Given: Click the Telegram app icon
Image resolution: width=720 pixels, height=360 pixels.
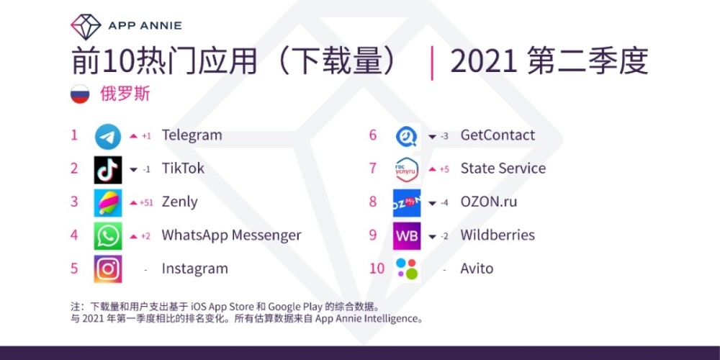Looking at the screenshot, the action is pyautogui.click(x=108, y=136).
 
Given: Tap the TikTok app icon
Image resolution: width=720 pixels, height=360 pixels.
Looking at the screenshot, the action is pyautogui.click(x=108, y=169).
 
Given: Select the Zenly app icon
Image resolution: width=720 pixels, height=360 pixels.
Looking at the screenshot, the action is pyautogui.click(x=108, y=202).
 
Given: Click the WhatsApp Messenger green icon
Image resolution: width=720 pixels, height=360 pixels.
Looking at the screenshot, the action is pyautogui.click(x=108, y=235).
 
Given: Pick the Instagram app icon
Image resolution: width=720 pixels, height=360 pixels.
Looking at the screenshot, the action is pyautogui.click(x=108, y=269).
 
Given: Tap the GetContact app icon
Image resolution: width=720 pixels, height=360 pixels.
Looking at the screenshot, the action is pyautogui.click(x=407, y=136).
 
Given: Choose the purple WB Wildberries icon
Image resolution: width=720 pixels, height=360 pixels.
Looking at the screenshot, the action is pyautogui.click(x=407, y=235).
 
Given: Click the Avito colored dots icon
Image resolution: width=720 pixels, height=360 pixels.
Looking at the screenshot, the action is pyautogui.click(x=407, y=269).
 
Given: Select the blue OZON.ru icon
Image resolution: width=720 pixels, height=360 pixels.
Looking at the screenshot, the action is pyautogui.click(x=407, y=202).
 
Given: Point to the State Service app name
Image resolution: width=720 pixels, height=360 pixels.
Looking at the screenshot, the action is pyautogui.click(x=503, y=168).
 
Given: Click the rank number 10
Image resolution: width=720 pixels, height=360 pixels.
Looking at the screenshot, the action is pyautogui.click(x=377, y=268).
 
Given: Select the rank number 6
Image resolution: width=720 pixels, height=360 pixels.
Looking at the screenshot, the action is pyautogui.click(x=373, y=135).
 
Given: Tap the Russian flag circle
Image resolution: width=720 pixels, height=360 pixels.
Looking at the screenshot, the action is pyautogui.click(x=80, y=94).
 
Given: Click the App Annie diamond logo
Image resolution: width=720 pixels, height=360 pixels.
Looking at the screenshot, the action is pyautogui.click(x=86, y=27).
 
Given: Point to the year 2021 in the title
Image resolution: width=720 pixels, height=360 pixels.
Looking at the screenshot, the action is pyautogui.click(x=484, y=62).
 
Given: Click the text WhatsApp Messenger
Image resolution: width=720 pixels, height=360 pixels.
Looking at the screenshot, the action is pyautogui.click(x=231, y=235).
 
